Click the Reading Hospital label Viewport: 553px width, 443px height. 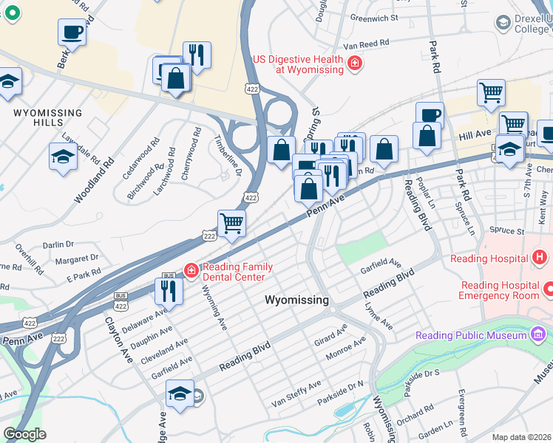(x=488, y=258)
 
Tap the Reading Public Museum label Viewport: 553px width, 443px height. (x=470, y=335)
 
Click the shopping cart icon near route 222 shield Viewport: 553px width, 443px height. (x=231, y=223)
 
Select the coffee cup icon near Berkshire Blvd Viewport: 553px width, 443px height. (x=72, y=32)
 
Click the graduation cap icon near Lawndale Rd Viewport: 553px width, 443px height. (x=63, y=157)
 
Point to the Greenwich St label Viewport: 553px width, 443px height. (x=374, y=17)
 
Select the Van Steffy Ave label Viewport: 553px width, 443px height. (x=296, y=394)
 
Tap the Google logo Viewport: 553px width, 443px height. (x=24, y=434)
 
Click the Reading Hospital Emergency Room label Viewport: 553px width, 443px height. (x=500, y=290)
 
